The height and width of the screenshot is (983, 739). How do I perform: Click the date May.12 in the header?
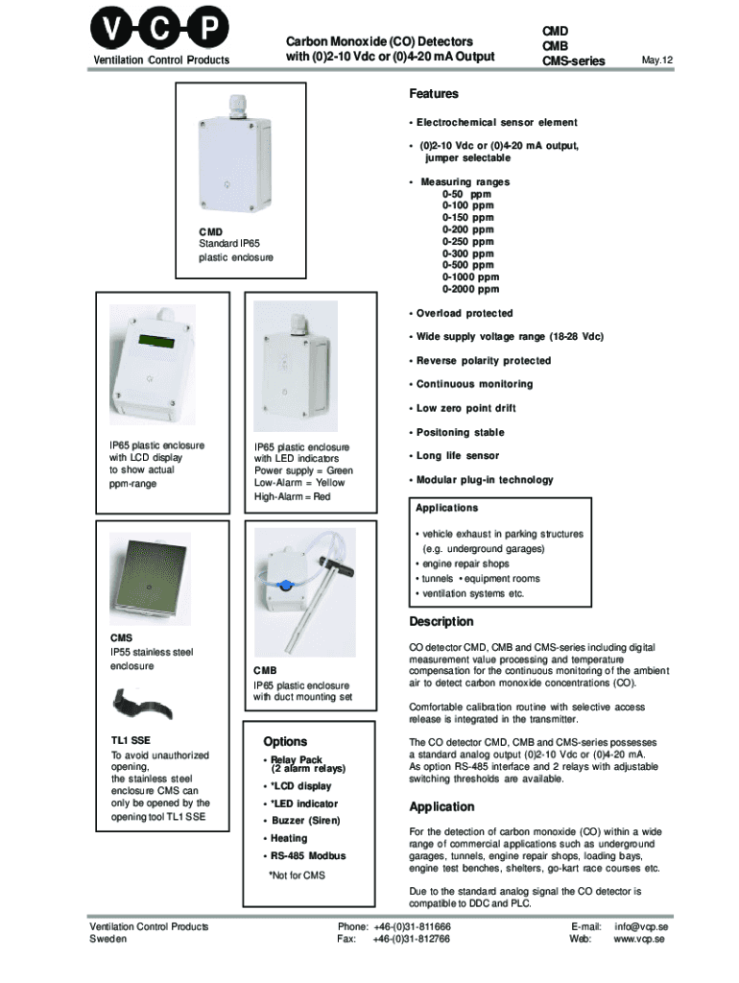pyautogui.click(x=656, y=60)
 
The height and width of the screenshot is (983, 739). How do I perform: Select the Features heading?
pyautogui.click(x=434, y=94)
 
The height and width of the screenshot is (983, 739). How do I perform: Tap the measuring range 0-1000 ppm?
pyautogui.click(x=470, y=276)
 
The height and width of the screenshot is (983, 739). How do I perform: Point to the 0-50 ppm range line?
pyautogui.click(x=466, y=194)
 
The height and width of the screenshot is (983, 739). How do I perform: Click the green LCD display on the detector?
pyautogui.click(x=154, y=341)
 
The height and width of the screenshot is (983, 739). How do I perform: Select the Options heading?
pyautogui.click(x=285, y=742)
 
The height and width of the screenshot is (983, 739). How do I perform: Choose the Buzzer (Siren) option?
pyautogui.click(x=304, y=821)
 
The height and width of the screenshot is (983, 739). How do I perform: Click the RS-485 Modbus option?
pyautogui.click(x=307, y=855)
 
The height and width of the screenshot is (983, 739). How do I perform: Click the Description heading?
pyautogui.click(x=441, y=621)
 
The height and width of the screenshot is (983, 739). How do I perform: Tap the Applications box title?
pyautogui.click(x=446, y=508)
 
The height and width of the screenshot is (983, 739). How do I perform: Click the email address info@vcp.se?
pyautogui.click(x=641, y=926)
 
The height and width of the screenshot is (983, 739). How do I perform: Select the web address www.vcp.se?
pyautogui.click(x=640, y=939)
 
